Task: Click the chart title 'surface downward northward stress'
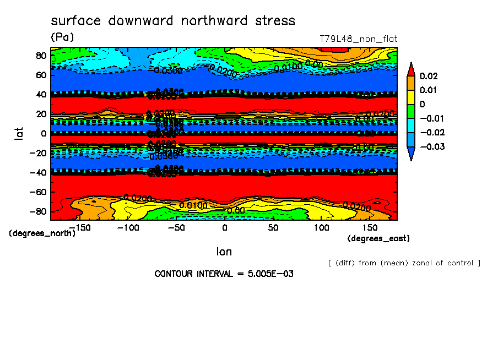(x=173, y=21)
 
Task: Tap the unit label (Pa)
(x=62, y=37)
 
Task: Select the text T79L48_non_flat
(x=359, y=39)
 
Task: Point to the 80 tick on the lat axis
(x=41, y=56)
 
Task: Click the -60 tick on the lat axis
(x=38, y=192)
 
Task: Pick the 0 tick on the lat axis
(x=44, y=134)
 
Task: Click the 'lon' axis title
(x=224, y=252)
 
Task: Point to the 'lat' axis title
(x=19, y=132)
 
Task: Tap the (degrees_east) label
(x=378, y=238)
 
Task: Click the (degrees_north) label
(x=42, y=233)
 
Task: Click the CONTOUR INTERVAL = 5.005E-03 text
(x=224, y=274)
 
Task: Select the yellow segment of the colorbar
(x=410, y=97)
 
